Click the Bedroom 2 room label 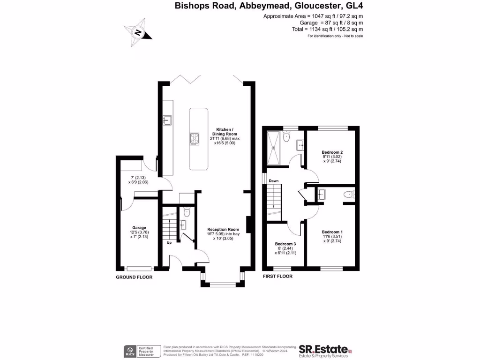pyautogui.click(x=332, y=152)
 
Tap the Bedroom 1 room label pyautogui.click(x=332, y=232)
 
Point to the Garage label pyautogui.click(x=139, y=228)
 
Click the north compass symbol pyautogui.click(x=138, y=32)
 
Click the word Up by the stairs pyautogui.click(x=169, y=243)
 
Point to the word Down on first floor pyautogui.click(x=274, y=181)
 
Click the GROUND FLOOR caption pyautogui.click(x=134, y=277)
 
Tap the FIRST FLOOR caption pyautogui.click(x=277, y=277)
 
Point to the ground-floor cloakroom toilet pyautogui.click(x=187, y=212)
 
